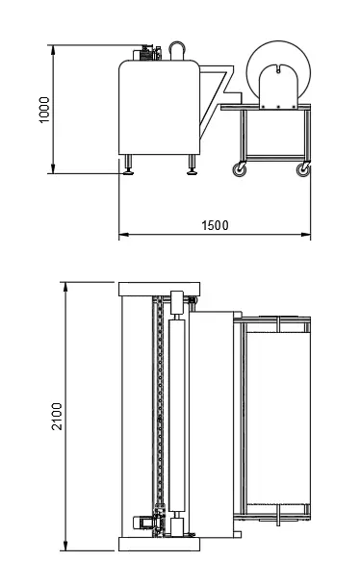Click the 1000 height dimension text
[x=44, y=110]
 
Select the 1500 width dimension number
[x=215, y=225]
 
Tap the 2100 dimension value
[x=57, y=417]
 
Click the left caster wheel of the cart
[x=239, y=169]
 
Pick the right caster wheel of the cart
[x=303, y=169]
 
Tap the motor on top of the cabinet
[x=147, y=53]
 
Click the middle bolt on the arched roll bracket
[x=278, y=107]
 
